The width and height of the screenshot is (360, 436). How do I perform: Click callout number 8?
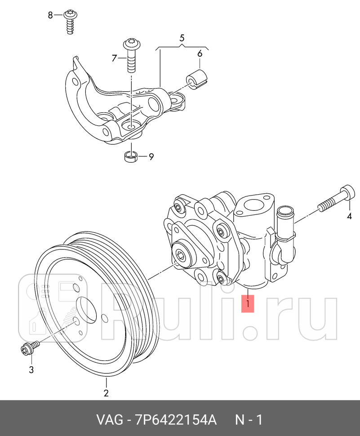coord(50,16)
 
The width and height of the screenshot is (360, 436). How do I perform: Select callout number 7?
coord(114,58)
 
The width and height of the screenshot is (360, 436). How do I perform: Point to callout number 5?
coord(182,38)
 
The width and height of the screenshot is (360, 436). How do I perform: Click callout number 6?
coord(200,53)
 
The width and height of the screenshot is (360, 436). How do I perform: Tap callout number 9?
coord(151,157)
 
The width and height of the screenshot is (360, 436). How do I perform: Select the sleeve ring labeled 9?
coord(130,157)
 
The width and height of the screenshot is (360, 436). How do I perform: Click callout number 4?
coord(349,216)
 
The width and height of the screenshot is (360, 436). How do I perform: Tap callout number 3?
coord(31,370)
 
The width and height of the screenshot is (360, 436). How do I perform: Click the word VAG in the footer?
coord(110,420)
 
